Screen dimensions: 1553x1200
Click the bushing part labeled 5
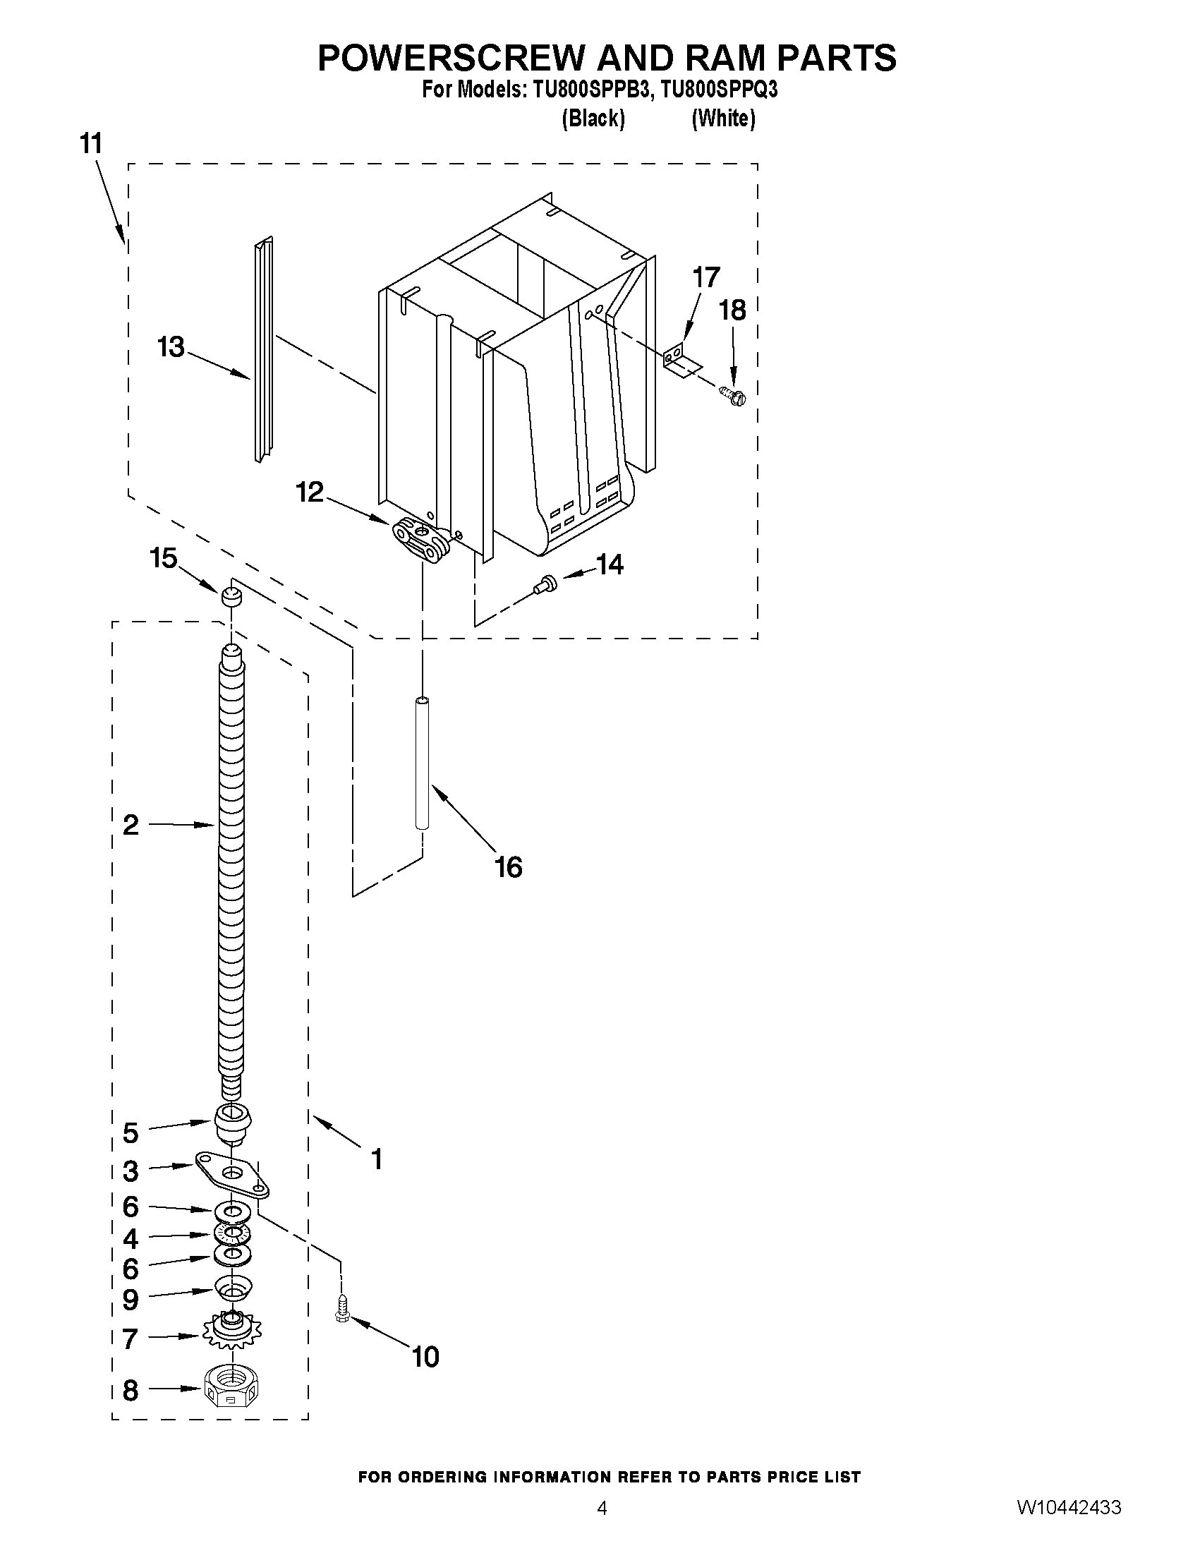pyautogui.click(x=232, y=1122)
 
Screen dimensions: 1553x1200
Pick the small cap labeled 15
pyautogui.click(x=230, y=596)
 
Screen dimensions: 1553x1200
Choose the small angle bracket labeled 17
pyautogui.click(x=680, y=361)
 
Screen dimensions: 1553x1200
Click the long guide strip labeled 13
pyautogui.click(x=263, y=350)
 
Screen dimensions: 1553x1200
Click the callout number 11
pyautogui.click(x=91, y=144)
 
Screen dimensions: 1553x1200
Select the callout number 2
pyautogui.click(x=131, y=826)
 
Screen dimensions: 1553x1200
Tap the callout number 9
pyautogui.click(x=131, y=1299)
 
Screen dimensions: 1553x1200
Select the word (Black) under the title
pyautogui.click(x=593, y=119)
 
